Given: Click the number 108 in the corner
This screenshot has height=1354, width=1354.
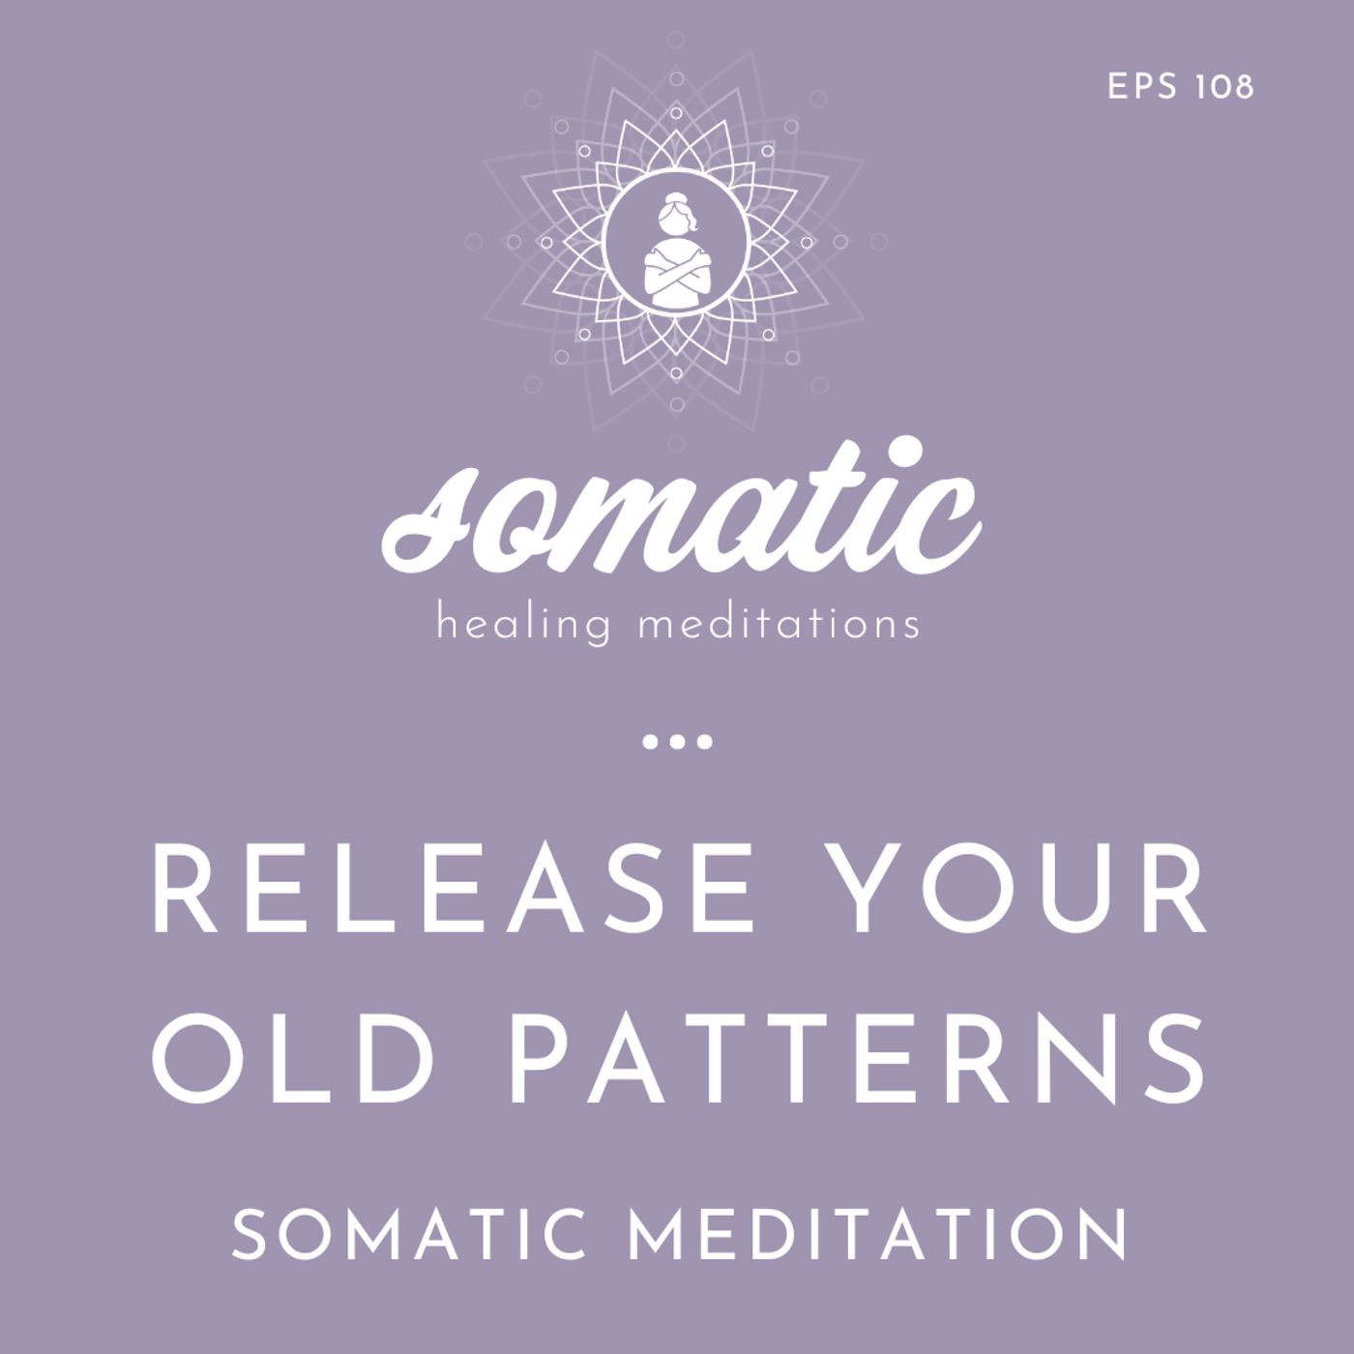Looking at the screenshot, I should pos(1223,87).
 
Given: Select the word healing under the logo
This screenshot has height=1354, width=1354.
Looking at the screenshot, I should pos(523,624).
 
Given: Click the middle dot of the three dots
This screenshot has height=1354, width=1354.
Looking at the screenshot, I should pos(677,743).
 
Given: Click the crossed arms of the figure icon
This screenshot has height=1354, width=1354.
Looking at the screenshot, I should pos(677,276).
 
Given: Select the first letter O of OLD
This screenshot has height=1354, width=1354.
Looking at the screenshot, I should pos(197,1059).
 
